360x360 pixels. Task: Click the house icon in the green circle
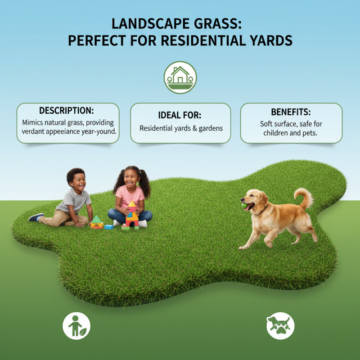(180, 77)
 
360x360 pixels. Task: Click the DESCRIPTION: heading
(68, 111)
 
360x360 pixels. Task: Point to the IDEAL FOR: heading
(180, 114)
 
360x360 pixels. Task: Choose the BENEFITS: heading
(291, 112)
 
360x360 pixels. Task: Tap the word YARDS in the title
(268, 40)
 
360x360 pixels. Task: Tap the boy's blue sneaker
(36, 217)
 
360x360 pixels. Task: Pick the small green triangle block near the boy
(96, 220)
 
